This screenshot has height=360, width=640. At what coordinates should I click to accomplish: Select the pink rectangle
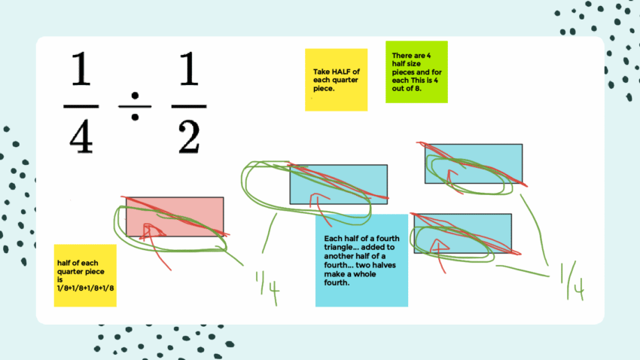coord(175,216)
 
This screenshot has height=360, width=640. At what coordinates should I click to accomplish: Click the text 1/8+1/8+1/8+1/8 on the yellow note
coord(84,287)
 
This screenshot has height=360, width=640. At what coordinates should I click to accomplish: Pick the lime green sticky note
coord(416,72)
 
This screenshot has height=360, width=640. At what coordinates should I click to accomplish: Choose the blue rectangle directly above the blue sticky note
coord(338,185)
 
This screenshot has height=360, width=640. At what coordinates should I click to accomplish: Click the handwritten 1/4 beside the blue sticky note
coord(267,285)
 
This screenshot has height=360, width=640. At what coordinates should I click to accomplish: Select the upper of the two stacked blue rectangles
coord(473,163)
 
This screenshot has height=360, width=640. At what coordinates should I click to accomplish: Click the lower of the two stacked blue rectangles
coord(462,233)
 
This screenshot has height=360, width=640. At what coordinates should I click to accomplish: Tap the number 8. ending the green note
coord(417,88)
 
